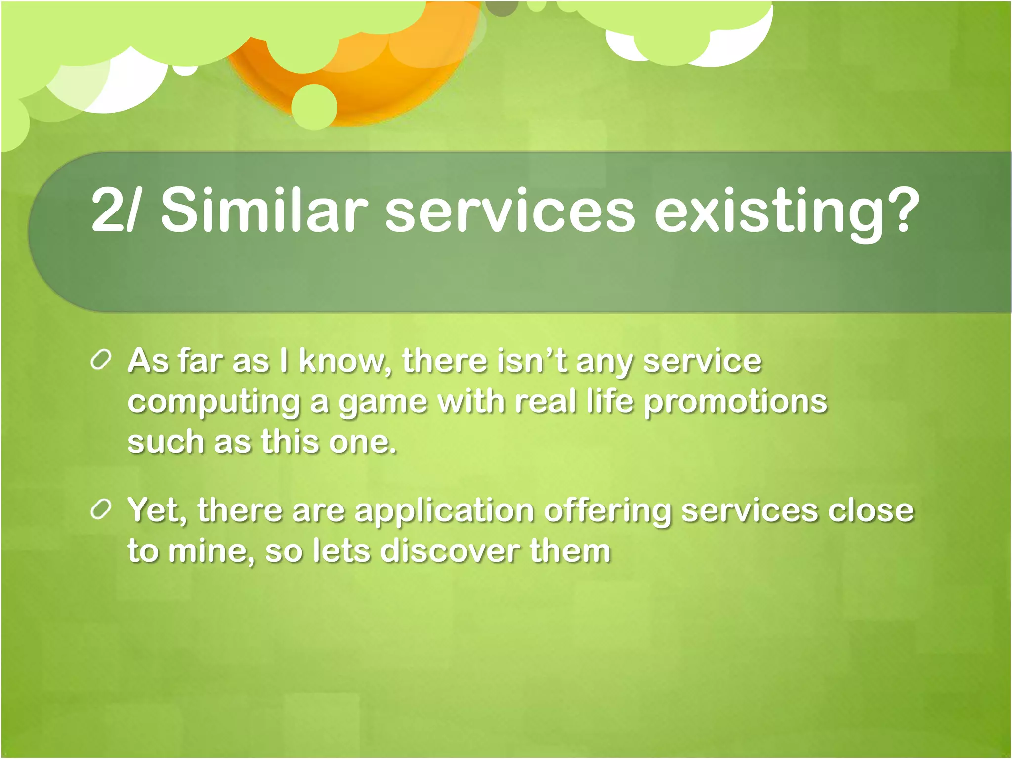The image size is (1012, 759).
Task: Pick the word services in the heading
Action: pyautogui.click(x=509, y=211)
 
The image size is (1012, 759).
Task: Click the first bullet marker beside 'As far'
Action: pyautogui.click(x=101, y=361)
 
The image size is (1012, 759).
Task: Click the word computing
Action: pyautogui.click(x=214, y=403)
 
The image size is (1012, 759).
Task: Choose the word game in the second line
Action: pyautogui.click(x=382, y=403)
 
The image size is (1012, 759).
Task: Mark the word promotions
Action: pyautogui.click(x=735, y=403)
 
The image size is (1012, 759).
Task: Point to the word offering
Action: pyautogui.click(x=607, y=511)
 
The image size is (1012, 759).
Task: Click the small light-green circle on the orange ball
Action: pyautogui.click(x=314, y=107)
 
